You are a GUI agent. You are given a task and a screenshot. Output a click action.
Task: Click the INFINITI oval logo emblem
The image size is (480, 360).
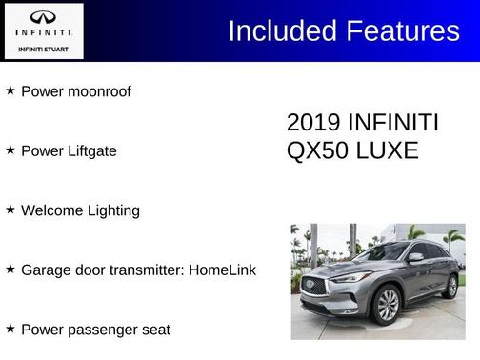(x=44, y=17)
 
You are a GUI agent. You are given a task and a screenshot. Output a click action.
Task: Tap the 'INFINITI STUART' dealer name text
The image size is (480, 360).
(x=44, y=48)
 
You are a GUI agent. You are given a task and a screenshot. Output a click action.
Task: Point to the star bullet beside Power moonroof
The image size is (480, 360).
(x=10, y=90)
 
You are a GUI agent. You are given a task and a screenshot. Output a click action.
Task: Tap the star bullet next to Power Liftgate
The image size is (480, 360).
(x=10, y=150)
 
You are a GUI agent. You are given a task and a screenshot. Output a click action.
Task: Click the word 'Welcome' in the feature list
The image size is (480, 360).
(x=51, y=210)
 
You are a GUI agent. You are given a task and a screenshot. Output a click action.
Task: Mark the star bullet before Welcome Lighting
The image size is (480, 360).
(x=10, y=209)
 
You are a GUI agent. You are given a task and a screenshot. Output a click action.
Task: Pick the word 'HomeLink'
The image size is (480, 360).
(x=222, y=270)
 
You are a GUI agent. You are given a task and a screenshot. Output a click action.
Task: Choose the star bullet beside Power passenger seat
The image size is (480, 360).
(x=10, y=328)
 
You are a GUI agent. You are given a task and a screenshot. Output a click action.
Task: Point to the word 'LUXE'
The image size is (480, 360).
(x=389, y=150)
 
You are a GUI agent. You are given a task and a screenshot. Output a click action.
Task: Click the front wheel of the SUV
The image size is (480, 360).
(x=387, y=306)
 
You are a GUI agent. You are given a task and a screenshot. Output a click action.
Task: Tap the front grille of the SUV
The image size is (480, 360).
(x=315, y=287)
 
